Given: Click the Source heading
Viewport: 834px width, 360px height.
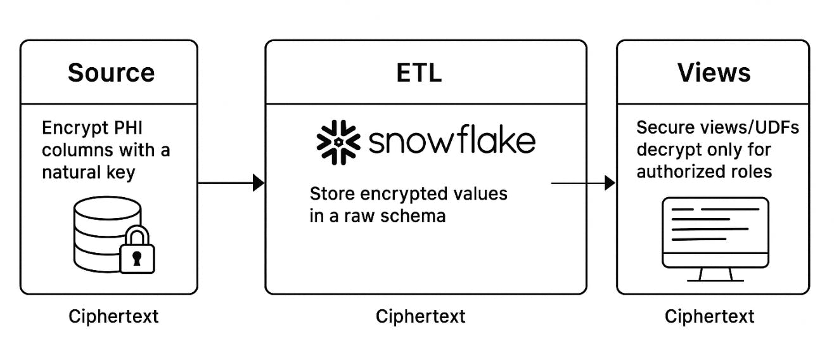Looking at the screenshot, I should pos(111,73).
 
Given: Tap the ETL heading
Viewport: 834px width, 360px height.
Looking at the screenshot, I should pos(419,73).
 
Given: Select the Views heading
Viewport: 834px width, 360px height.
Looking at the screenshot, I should pos(714,73).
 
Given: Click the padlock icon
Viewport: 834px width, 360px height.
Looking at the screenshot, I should pos(138,249).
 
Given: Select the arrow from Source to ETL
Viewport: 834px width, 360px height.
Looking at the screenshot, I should pos(231,183).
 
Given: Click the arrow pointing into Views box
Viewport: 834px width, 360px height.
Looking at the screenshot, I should pos(583,183).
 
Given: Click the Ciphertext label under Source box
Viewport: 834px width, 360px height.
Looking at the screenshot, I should pos(113,316).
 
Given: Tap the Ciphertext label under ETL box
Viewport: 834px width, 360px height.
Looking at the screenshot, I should pos(420,316).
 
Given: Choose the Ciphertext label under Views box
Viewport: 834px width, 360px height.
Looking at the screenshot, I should pos(709,316).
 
